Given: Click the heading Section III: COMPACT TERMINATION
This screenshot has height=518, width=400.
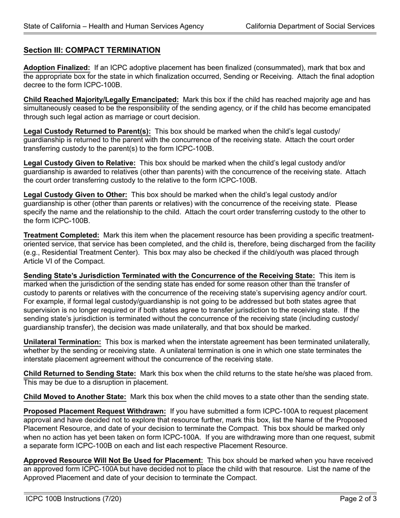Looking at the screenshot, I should click(x=92, y=51).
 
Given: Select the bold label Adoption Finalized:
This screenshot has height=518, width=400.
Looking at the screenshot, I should click(x=57, y=68).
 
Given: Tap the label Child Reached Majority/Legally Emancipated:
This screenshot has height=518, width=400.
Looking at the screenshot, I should click(x=101, y=100).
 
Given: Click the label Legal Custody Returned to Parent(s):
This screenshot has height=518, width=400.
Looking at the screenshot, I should click(x=87, y=131).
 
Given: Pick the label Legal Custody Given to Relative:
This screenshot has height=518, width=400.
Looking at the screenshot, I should click(x=80, y=163).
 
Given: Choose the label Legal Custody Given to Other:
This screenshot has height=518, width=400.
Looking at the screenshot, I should click(x=75, y=195).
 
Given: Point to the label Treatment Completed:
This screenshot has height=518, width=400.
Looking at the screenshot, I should click(x=61, y=235).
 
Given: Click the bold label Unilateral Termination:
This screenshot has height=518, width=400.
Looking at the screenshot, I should click(x=62, y=342).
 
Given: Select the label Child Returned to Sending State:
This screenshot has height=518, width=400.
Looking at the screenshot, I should click(x=80, y=374).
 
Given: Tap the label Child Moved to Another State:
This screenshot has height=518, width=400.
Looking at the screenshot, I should click(x=75, y=397).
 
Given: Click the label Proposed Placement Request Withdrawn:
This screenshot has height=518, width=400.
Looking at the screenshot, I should click(x=95, y=411).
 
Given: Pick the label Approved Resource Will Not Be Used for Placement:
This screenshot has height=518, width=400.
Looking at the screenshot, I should click(x=113, y=460).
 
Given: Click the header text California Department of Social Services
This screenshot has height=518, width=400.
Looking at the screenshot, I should click(x=310, y=26).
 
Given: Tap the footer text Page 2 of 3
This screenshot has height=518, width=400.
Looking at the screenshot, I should click(x=358, y=499).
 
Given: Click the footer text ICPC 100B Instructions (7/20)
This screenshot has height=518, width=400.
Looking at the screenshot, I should click(x=74, y=499).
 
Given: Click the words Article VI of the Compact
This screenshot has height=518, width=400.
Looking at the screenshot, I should click(x=64, y=261).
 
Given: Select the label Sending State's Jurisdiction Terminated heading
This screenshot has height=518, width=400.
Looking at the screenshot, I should click(x=169, y=276).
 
